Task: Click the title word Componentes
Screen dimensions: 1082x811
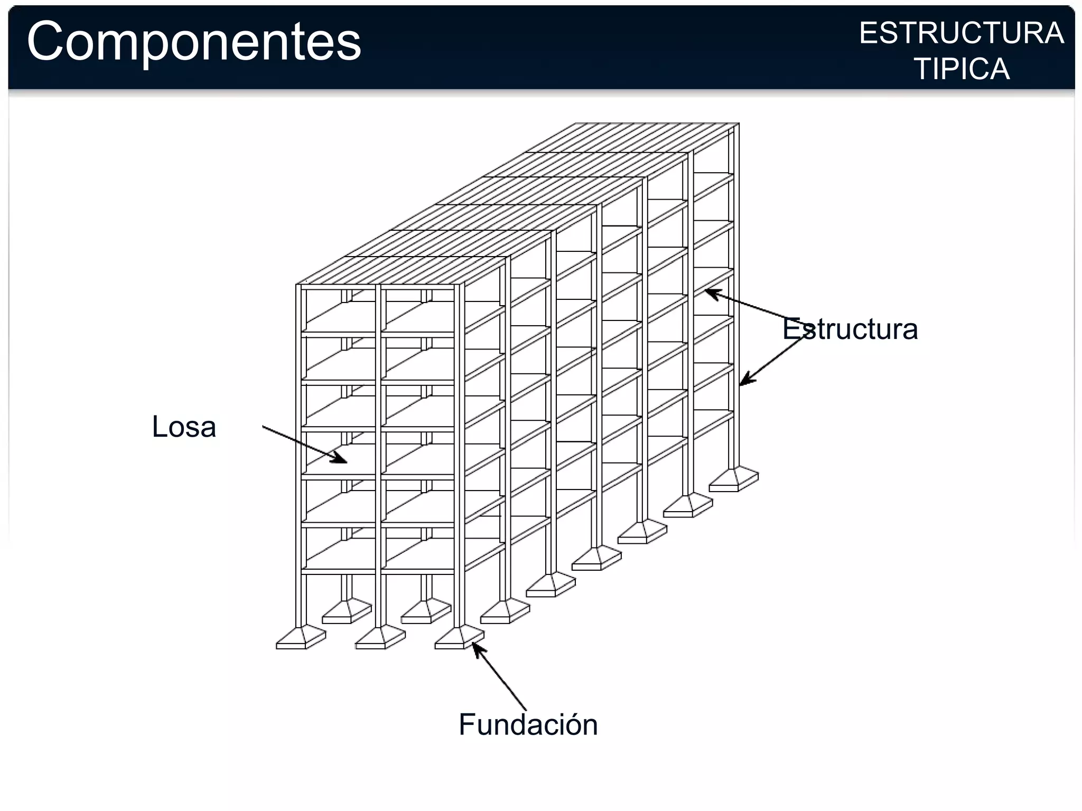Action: tap(194, 42)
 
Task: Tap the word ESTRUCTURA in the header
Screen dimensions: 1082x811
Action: tap(961, 33)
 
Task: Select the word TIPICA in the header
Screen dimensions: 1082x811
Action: tap(962, 69)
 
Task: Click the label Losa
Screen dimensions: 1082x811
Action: tap(184, 427)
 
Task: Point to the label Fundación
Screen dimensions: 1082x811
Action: tap(528, 724)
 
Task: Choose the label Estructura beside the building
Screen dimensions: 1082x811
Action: tap(850, 329)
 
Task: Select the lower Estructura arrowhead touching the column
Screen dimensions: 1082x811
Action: tap(743, 382)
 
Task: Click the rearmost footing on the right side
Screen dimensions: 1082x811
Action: tap(734, 479)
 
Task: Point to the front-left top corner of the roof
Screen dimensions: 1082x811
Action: tap(297, 285)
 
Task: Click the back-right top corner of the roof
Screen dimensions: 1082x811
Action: tap(738, 124)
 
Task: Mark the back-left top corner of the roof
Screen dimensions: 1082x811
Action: tap(576, 124)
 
